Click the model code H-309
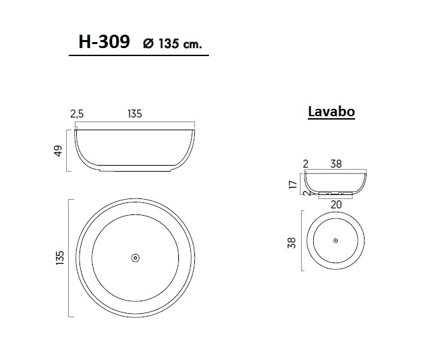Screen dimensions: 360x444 (105, 43)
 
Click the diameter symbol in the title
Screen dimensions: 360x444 (148, 44)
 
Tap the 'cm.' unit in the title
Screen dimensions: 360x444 (191, 45)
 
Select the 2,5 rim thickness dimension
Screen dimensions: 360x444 (77, 114)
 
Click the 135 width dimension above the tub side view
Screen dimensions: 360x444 (135, 114)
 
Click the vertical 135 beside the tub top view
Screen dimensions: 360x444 (61, 257)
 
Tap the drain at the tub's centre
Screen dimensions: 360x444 (135, 257)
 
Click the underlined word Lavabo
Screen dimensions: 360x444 (331, 112)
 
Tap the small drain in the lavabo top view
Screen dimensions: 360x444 (335, 240)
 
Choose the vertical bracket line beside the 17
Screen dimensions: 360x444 (300, 181)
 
